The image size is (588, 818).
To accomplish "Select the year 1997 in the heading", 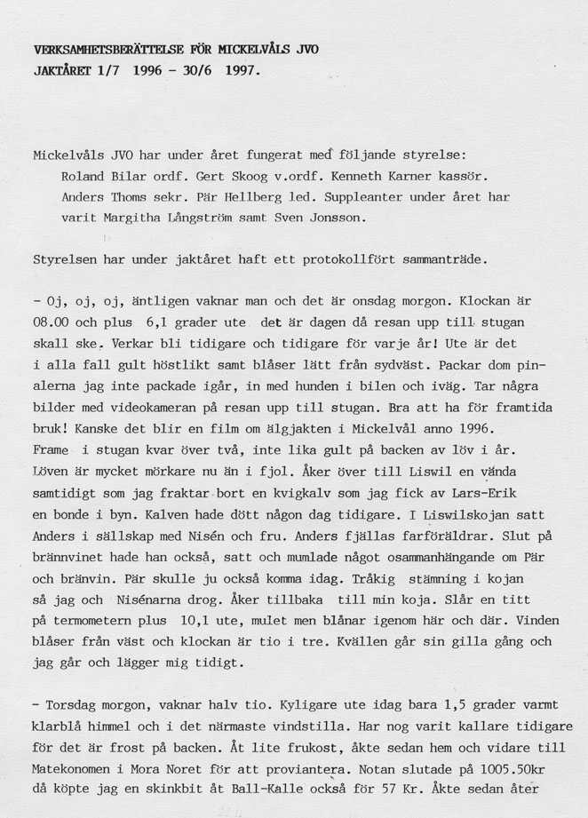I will (x=242, y=68).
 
